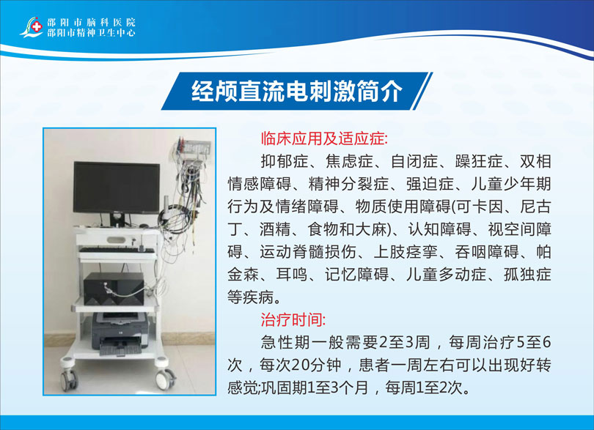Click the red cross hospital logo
(x=37, y=26)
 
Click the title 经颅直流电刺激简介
(x=296, y=92)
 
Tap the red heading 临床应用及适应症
(x=324, y=139)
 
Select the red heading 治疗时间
(x=293, y=320)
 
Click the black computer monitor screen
(x=117, y=188)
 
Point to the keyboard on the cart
(x=117, y=250)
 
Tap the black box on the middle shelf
(x=114, y=289)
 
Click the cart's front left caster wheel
(x=70, y=379)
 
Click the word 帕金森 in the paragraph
(x=389, y=264)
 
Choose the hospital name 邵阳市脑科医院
(x=91, y=22)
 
